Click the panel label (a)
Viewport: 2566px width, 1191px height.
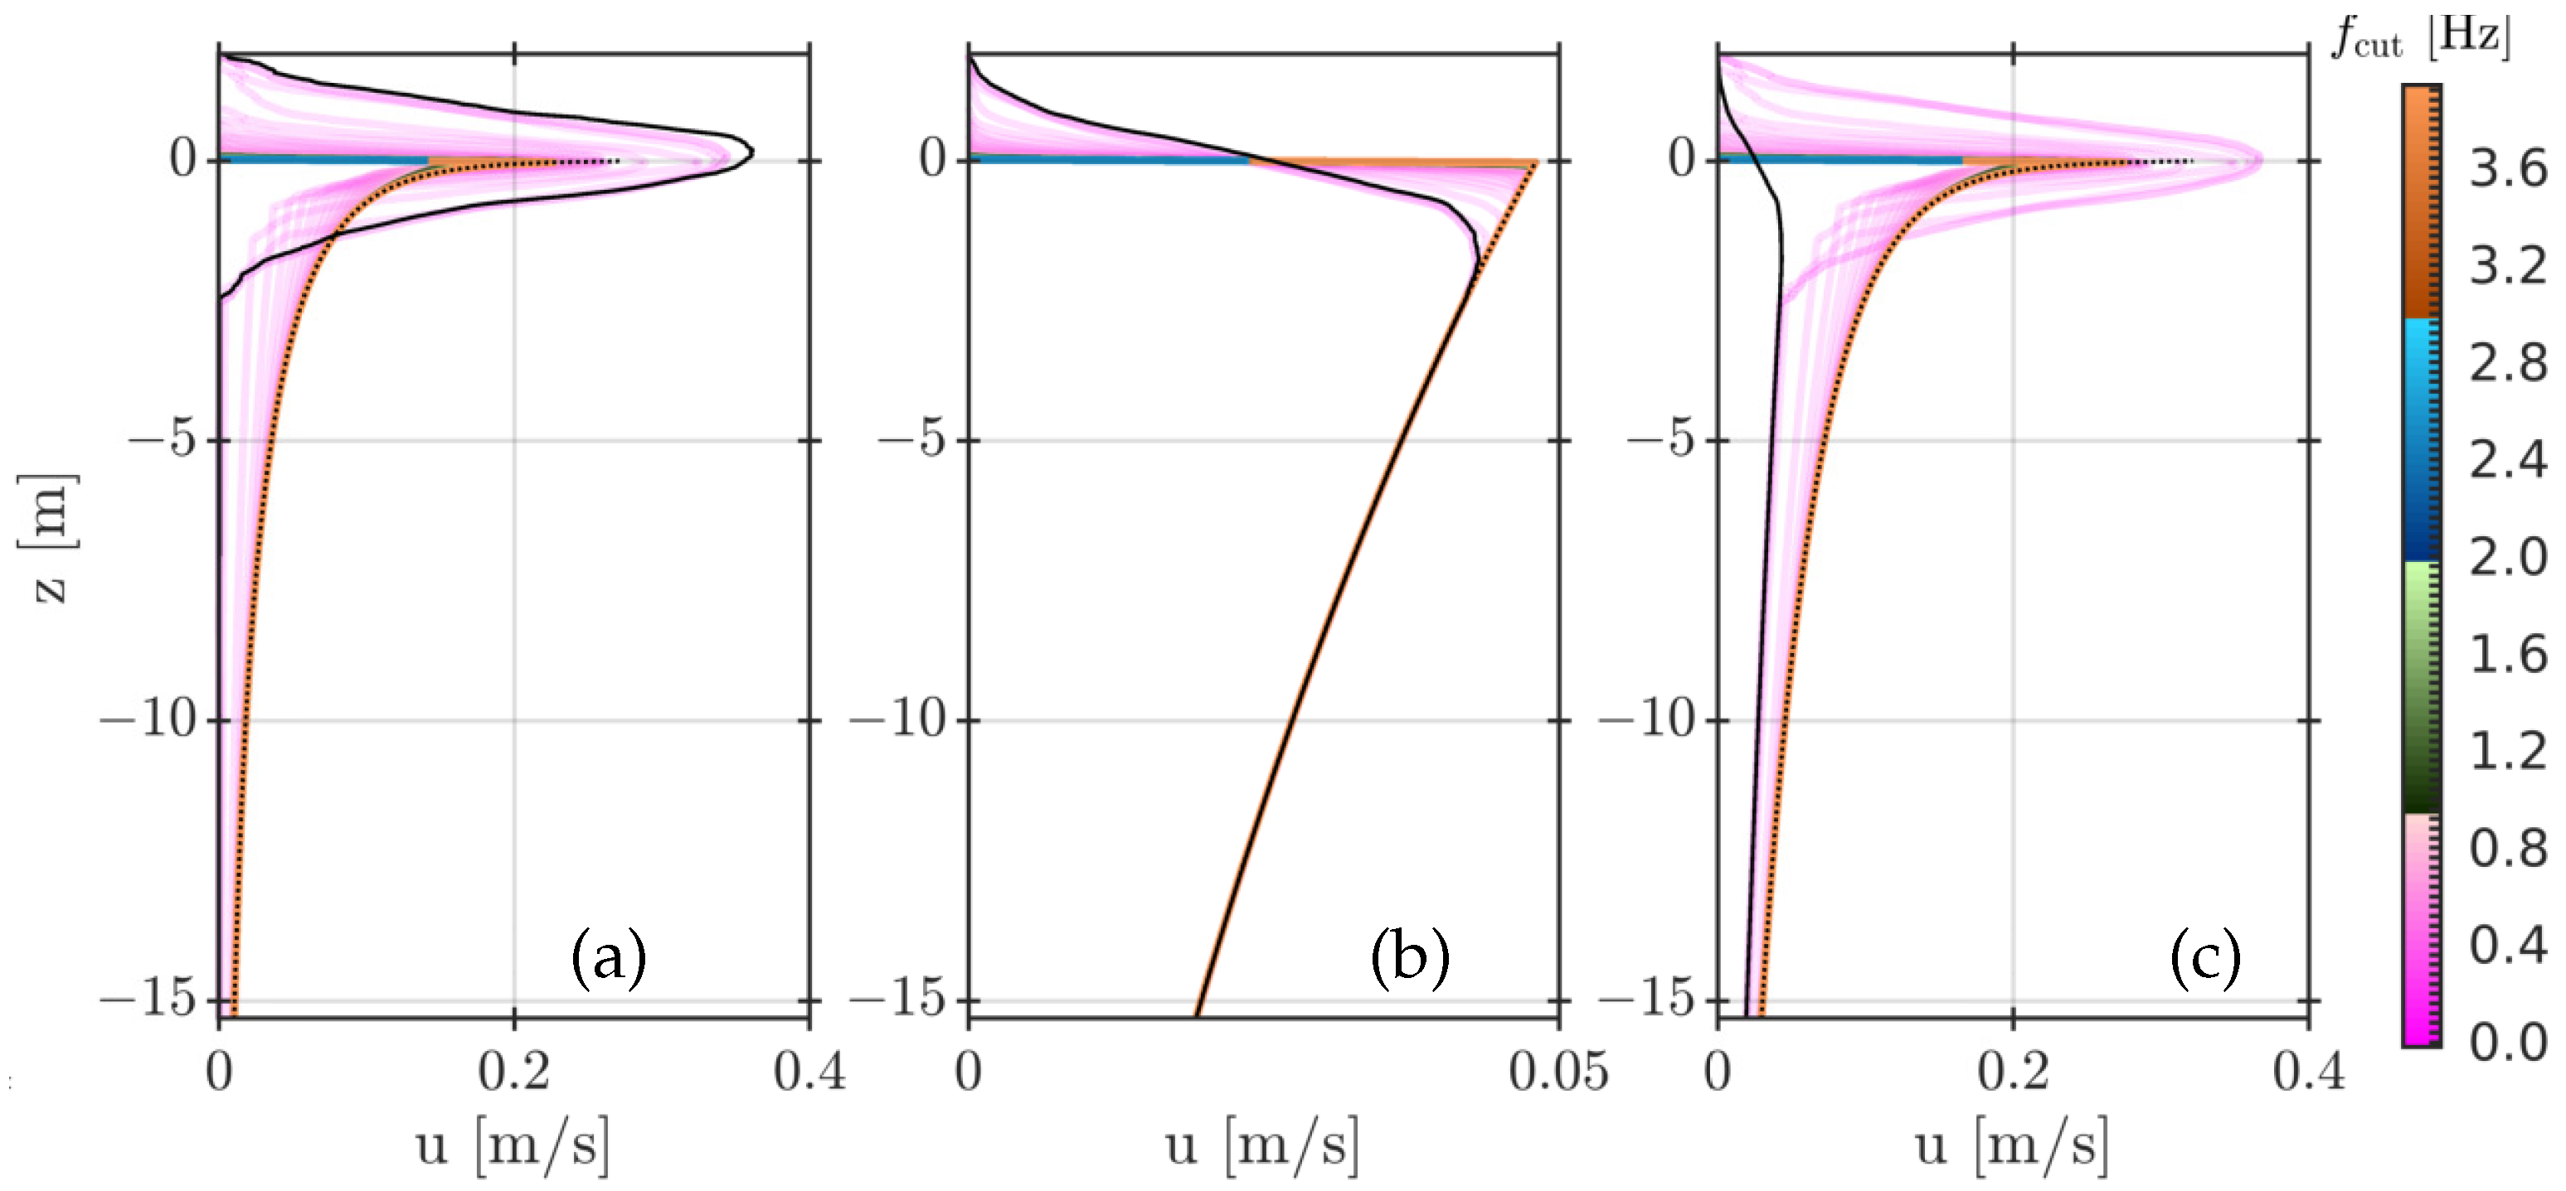[609, 958]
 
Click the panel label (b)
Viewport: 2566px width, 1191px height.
[1410, 958]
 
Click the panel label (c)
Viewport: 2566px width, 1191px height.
[2205, 958]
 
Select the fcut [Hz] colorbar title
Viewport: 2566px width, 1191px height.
[2422, 38]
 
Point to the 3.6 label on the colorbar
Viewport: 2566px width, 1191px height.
[2507, 169]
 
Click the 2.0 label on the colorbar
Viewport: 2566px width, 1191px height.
[2507, 557]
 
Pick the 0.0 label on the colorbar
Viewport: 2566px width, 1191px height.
[2507, 1042]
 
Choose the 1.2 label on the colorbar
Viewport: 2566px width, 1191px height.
[2507, 750]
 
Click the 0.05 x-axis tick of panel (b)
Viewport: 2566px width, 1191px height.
[1558, 1072]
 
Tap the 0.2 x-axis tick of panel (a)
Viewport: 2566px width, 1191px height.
[513, 1072]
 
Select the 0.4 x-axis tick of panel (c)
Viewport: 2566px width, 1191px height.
[2308, 1072]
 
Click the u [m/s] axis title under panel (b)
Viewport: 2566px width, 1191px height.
[1261, 1145]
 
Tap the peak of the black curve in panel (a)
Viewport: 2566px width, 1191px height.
[751, 153]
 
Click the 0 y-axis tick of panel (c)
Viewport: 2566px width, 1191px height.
[1683, 158]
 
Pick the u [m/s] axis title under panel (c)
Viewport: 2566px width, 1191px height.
[2011, 1145]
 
